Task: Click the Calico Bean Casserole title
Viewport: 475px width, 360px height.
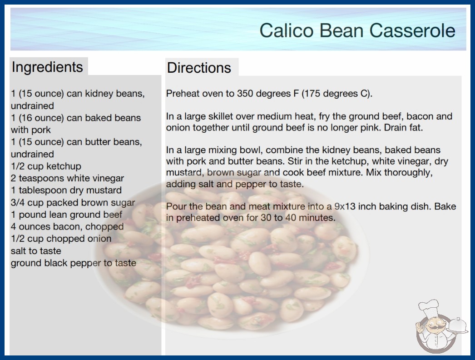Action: tap(357, 30)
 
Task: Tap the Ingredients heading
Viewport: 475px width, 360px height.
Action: tap(47, 67)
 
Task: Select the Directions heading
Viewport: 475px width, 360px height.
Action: tap(199, 68)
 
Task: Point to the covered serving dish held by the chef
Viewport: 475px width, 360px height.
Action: tap(458, 326)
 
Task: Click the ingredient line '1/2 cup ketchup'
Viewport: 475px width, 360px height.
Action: tap(46, 166)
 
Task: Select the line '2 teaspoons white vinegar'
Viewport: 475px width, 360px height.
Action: tap(67, 178)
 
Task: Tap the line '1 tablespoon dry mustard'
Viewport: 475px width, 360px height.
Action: tap(66, 190)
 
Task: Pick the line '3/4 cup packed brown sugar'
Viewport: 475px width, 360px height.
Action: tap(73, 202)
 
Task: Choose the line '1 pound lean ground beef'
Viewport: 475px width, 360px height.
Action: tap(66, 215)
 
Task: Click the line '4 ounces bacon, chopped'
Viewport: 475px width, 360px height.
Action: tap(67, 226)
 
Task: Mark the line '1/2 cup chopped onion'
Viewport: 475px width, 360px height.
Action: tap(61, 239)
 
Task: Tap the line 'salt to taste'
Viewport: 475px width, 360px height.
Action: tap(36, 251)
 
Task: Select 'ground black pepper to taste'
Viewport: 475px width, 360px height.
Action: tap(74, 263)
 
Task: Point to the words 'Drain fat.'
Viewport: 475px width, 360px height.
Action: tap(403, 127)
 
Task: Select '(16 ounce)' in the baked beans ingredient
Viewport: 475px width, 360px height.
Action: tap(41, 118)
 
